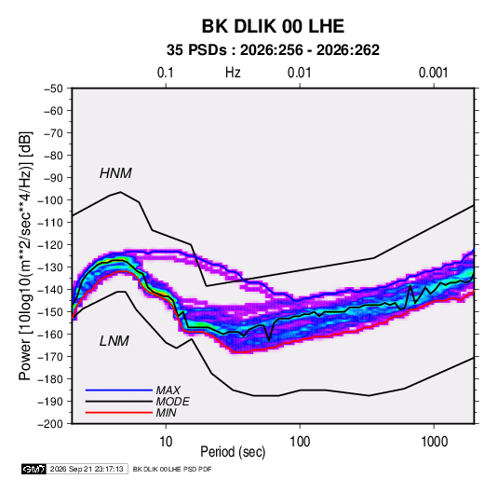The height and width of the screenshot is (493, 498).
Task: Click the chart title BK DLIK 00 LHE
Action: point(273,26)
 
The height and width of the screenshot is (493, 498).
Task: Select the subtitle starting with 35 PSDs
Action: point(273,50)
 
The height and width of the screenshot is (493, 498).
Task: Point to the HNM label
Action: point(115,173)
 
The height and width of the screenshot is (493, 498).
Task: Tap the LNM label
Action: point(114,341)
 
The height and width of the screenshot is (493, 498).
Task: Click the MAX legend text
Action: point(168,390)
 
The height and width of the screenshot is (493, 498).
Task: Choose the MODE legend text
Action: point(172,402)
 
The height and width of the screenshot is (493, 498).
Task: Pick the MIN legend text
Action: point(166,413)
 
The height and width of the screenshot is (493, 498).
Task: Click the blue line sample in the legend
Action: point(119,390)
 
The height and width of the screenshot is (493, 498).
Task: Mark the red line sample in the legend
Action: point(119,413)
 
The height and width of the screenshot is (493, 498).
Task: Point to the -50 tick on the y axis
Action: point(53,89)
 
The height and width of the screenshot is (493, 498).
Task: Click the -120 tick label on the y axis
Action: point(50,245)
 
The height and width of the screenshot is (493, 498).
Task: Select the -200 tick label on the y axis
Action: point(50,424)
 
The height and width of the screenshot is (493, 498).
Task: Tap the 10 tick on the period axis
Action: point(166,442)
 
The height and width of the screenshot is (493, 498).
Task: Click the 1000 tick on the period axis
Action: point(434,442)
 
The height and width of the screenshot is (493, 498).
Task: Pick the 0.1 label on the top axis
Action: point(166,73)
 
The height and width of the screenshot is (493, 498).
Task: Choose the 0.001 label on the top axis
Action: point(434,73)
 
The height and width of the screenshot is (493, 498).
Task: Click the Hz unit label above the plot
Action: point(233,73)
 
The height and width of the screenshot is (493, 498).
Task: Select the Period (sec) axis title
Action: point(233,452)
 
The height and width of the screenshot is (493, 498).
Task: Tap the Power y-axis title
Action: point(25,256)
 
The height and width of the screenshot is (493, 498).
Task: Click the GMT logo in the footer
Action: point(34,469)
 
